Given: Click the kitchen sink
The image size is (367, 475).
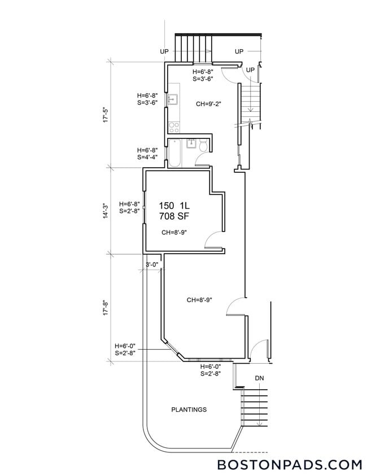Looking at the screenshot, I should click(173, 100).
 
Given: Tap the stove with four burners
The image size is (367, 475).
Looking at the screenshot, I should click(174, 127).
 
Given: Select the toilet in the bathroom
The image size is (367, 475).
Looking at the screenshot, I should click(203, 147).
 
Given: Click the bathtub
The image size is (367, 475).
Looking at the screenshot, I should click(174, 152).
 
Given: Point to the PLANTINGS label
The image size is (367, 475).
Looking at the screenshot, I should click(189, 409).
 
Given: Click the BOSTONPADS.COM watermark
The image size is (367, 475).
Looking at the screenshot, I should click(290, 464).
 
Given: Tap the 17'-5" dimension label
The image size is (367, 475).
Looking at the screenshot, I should click(106, 114).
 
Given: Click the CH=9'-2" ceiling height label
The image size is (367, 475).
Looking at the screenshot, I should click(209, 104).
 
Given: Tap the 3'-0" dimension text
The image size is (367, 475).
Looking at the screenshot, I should click(153, 264).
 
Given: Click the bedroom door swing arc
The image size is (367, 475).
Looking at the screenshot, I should click(212, 240).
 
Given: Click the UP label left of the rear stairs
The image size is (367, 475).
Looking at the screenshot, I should click(164, 51).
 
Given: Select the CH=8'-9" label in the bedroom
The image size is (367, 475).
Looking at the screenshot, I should click(174, 232).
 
